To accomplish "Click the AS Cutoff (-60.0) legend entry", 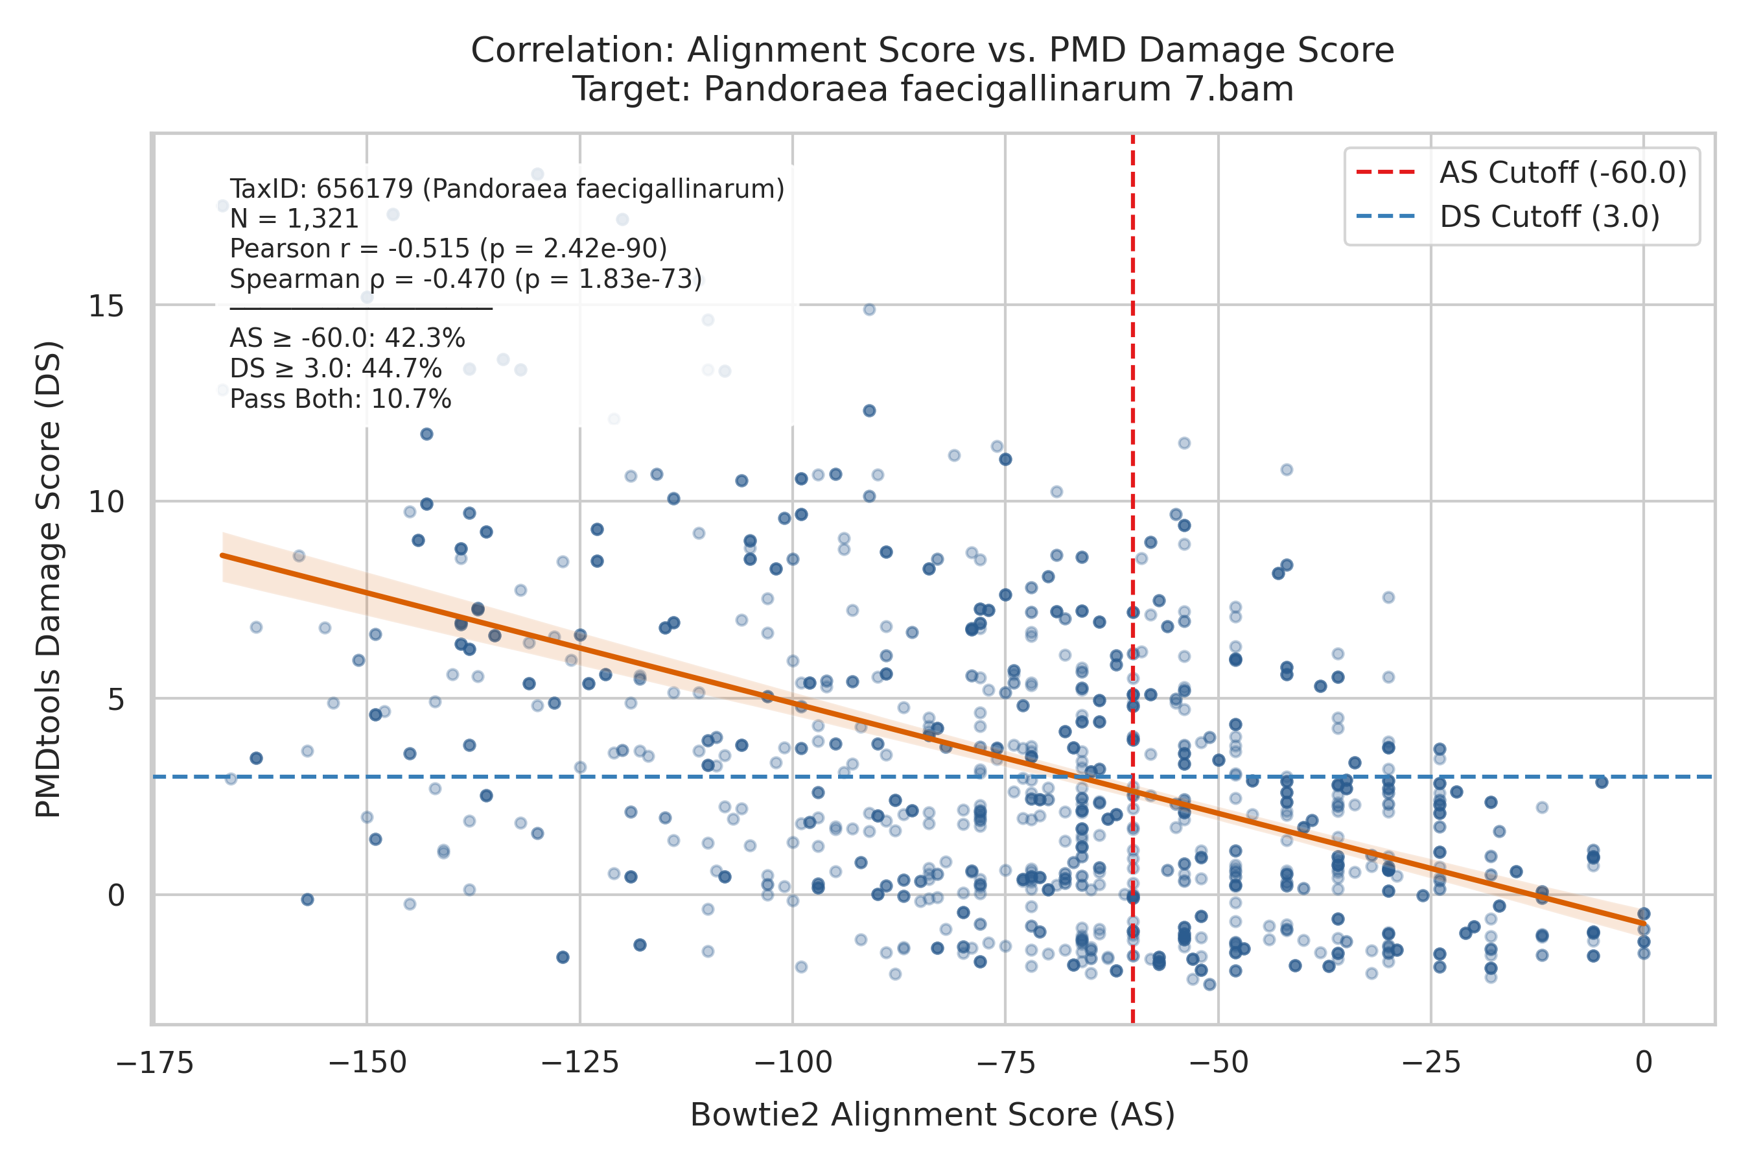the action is (1520, 172).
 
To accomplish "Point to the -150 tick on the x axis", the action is (367, 1062).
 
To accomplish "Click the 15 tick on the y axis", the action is (106, 306).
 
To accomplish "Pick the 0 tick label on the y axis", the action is (115, 895).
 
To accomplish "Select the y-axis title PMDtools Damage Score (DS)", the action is (49, 580).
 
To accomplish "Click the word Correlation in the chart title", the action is (573, 51).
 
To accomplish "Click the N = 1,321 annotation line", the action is (295, 219).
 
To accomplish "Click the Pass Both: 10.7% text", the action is (341, 399).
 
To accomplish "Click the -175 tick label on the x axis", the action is (155, 1062).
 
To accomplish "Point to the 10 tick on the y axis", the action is (106, 502).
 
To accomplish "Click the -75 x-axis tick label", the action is (1006, 1062).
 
